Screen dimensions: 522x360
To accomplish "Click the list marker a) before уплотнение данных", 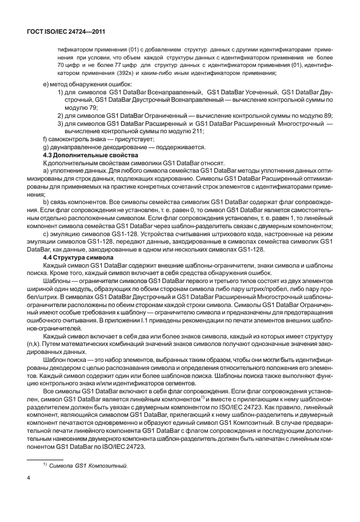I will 47,171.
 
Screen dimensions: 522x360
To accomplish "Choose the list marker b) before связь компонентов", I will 47,202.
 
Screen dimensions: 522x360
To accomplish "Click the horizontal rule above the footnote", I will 46,458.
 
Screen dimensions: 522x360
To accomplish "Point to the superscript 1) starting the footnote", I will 46,465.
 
